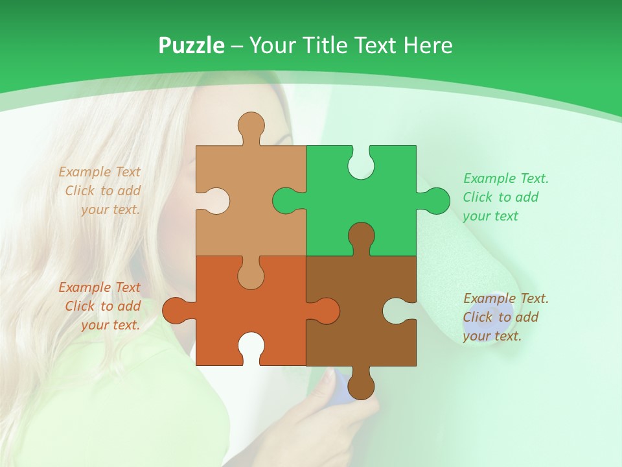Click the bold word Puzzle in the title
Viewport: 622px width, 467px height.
click(x=191, y=45)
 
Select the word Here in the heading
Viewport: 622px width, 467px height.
click(x=428, y=45)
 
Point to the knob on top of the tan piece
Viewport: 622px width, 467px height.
click(x=251, y=125)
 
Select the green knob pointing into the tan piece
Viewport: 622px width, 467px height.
click(x=285, y=201)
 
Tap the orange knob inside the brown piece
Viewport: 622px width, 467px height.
click(x=327, y=311)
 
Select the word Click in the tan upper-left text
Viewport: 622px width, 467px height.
click(x=80, y=191)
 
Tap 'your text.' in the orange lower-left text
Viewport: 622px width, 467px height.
click(x=110, y=325)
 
